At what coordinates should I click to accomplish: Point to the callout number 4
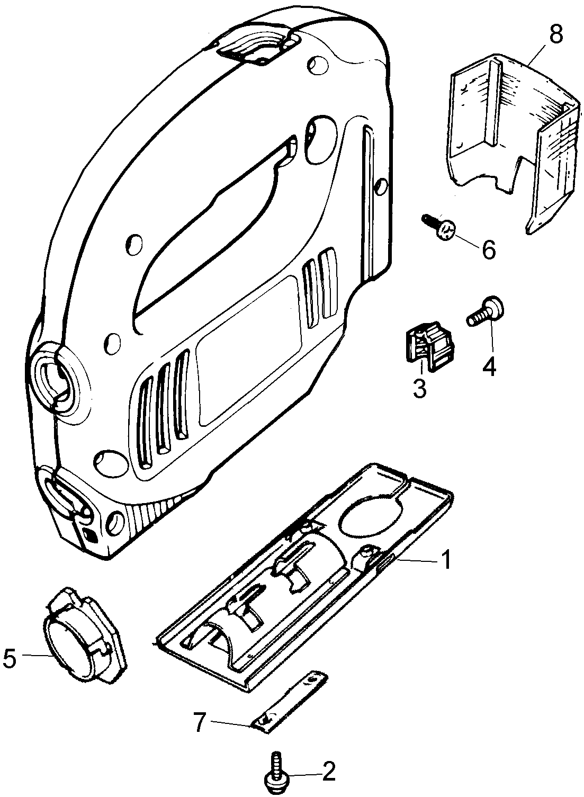(489, 366)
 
